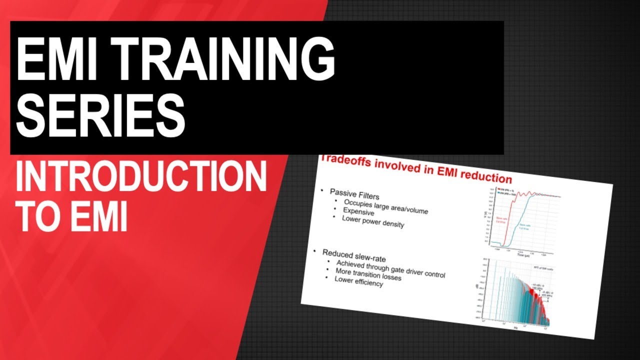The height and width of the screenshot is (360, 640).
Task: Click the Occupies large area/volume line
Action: (385, 206)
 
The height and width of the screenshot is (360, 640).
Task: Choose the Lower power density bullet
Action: (372, 221)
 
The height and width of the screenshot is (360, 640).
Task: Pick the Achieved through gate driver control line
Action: (390, 268)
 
